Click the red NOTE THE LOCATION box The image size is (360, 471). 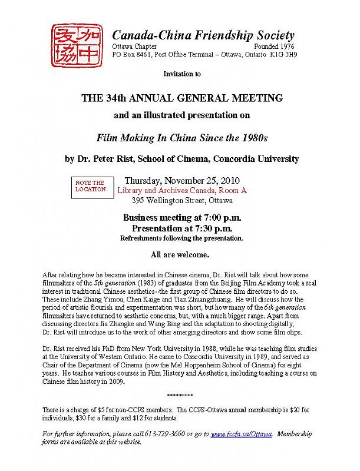point(90,186)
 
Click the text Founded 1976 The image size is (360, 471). point(275,46)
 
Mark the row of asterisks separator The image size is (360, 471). point(180,395)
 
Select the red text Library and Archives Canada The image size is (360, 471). point(166,191)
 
